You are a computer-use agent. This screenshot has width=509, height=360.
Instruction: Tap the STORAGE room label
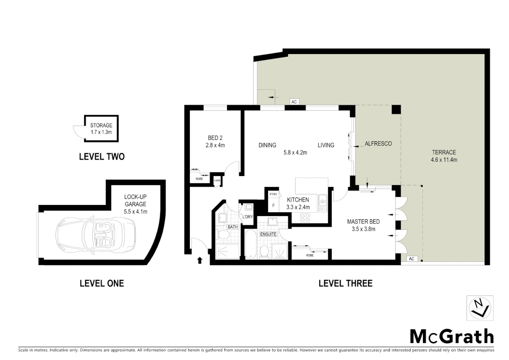101,125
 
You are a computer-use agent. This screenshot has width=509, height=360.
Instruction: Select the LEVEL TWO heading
102,157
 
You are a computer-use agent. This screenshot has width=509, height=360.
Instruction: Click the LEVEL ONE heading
102,283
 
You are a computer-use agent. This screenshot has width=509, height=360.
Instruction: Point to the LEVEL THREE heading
345,283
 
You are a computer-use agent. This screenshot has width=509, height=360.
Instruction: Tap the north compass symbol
480,308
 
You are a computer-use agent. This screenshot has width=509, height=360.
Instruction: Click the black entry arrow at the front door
200,260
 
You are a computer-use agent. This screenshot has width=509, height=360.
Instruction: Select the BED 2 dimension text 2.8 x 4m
215,145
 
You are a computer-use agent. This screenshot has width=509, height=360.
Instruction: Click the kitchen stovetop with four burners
305,218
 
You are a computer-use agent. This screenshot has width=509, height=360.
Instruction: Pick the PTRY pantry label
273,194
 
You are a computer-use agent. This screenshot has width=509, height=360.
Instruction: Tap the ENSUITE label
268,234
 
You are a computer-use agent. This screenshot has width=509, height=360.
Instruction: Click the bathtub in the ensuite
250,245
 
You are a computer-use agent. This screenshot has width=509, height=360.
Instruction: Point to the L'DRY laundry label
248,217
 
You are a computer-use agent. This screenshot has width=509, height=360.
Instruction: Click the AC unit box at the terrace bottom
411,259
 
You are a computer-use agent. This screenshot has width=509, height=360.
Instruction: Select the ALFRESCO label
378,144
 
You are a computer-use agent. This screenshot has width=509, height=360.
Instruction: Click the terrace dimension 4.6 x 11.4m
444,160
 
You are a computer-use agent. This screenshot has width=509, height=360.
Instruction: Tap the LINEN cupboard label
217,181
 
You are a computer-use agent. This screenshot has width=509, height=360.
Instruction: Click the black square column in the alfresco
396,110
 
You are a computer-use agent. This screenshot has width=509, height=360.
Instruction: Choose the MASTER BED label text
363,222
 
